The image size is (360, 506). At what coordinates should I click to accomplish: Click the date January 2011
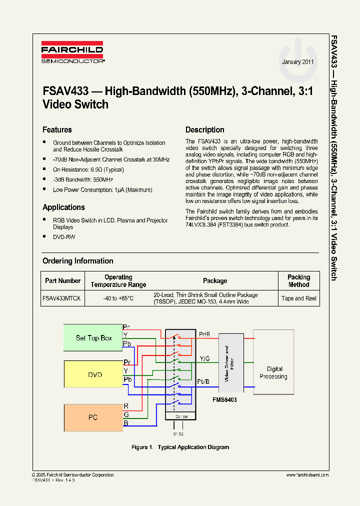(298, 62)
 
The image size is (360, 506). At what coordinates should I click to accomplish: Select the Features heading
(57, 130)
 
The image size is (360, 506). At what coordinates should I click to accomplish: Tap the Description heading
(204, 130)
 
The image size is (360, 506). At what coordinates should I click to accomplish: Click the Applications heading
(63, 207)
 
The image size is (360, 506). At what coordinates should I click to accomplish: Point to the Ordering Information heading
(77, 261)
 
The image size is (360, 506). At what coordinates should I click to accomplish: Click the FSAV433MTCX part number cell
(62, 298)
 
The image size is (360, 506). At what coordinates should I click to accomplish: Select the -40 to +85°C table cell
(118, 298)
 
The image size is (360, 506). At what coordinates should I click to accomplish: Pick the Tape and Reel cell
(299, 298)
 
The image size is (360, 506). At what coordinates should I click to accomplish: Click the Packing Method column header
(299, 281)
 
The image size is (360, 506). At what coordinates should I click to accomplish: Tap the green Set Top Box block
(93, 338)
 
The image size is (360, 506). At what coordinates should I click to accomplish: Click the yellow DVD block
(95, 374)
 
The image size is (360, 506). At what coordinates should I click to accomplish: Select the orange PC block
(93, 417)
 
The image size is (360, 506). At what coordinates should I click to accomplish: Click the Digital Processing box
(273, 373)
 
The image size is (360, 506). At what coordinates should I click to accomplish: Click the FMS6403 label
(224, 400)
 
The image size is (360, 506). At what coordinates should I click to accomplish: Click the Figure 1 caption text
(180, 447)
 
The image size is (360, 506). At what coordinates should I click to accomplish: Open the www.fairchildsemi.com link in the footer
(307, 475)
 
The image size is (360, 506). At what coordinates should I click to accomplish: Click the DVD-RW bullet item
(64, 237)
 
